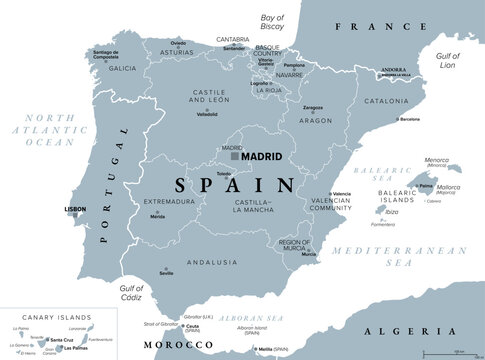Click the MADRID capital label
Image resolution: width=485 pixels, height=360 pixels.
pyautogui.click(x=262, y=157)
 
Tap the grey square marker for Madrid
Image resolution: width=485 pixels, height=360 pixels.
pyautogui.click(x=235, y=157)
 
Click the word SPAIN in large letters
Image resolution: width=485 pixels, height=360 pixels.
pyautogui.click(x=235, y=185)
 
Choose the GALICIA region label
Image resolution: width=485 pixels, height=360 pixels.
pyautogui.click(x=123, y=69)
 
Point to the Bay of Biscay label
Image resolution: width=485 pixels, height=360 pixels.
pyautogui.click(x=273, y=21)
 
